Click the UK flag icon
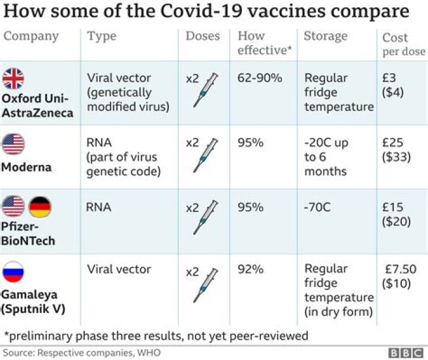14,78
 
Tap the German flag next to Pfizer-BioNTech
40,207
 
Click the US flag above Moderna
14,144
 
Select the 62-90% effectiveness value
260,78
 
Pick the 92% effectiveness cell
250,270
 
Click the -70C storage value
319,207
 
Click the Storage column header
325,36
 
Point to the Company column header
32,36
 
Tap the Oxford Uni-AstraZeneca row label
37,105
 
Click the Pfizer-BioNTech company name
28,233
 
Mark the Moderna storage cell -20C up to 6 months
326,157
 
